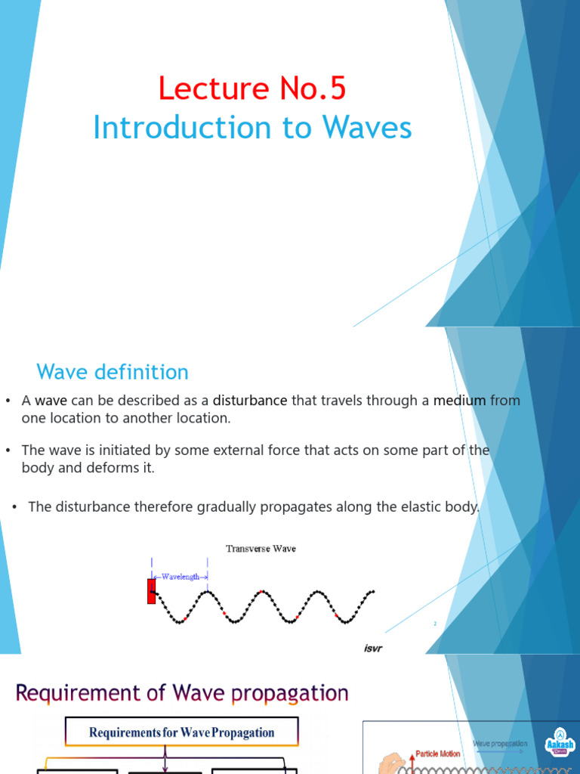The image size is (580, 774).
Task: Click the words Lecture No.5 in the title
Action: pos(252,89)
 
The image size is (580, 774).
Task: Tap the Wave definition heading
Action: pos(113,372)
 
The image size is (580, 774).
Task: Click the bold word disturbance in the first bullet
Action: pos(249,401)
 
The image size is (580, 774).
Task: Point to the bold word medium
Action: pos(459,401)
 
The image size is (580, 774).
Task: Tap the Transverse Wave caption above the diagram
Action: pos(261,549)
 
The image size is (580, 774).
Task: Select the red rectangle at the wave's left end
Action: pos(151,590)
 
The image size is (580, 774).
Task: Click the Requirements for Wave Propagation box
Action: pos(182,732)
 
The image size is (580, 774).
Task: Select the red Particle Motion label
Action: pos(438,754)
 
